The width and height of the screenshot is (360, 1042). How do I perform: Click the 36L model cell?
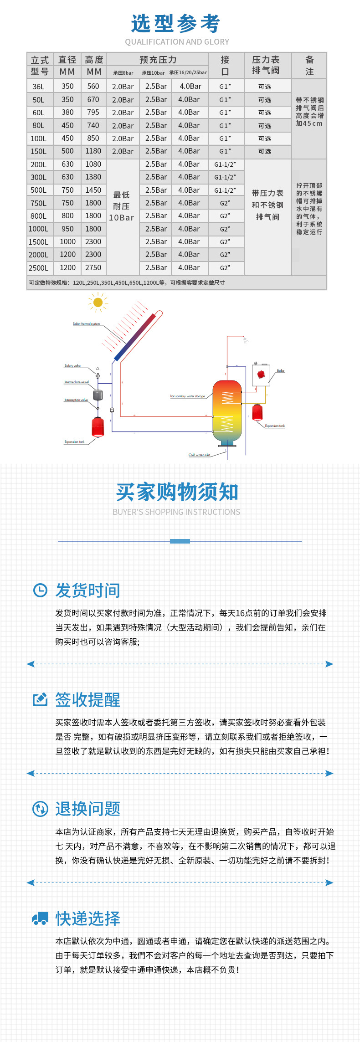click(x=39, y=87)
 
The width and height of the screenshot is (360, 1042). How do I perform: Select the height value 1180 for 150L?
click(x=93, y=151)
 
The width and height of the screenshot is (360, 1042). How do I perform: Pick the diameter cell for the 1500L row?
click(x=67, y=242)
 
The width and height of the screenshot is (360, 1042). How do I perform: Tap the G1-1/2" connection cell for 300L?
click(x=225, y=177)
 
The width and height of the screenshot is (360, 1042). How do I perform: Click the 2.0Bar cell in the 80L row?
click(x=123, y=126)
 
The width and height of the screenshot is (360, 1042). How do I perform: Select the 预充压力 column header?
click(x=158, y=60)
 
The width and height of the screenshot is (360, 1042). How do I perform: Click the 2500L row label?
click(x=39, y=268)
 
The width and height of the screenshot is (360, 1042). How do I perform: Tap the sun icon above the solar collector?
click(x=98, y=302)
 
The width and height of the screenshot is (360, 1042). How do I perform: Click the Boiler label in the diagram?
click(x=280, y=371)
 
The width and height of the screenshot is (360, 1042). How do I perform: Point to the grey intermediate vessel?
click(x=98, y=395)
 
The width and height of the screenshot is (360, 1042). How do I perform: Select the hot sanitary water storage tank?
click(x=227, y=412)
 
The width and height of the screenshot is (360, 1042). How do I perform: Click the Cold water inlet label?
click(x=199, y=455)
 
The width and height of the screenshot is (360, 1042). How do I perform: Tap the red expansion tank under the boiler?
click(x=257, y=412)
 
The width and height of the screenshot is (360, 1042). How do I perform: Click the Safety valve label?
click(x=72, y=366)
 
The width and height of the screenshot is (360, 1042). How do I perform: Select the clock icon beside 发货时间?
click(x=40, y=590)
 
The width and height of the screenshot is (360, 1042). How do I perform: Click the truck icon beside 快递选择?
click(x=40, y=919)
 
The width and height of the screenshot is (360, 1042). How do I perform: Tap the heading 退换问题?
click(x=87, y=809)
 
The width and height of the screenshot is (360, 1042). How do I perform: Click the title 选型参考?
click(x=176, y=24)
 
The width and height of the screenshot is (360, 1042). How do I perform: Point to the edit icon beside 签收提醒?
click(x=40, y=700)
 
